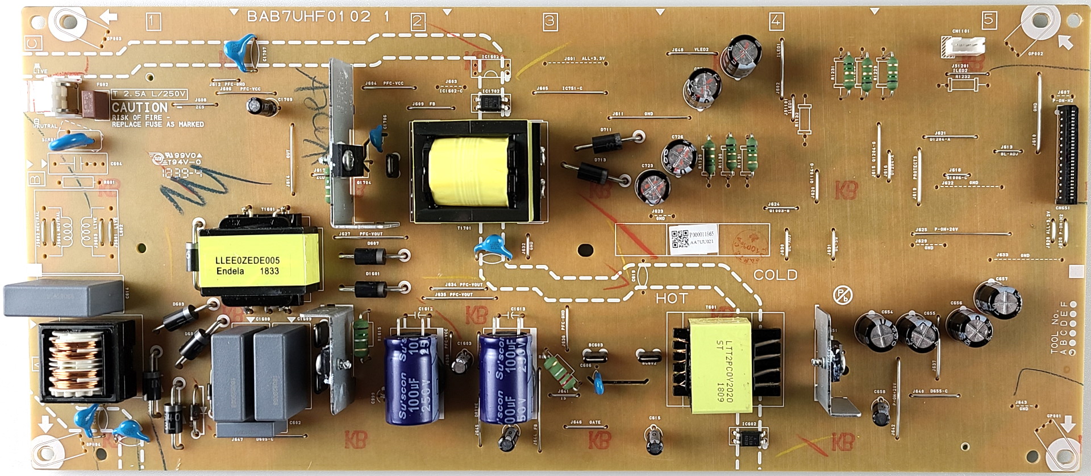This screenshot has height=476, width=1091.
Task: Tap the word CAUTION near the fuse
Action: pos(139,107)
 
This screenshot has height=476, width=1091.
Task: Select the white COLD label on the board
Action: pos(775,275)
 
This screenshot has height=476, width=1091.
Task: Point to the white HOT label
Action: pos(672,298)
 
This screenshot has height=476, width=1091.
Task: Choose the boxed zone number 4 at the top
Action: pos(776,22)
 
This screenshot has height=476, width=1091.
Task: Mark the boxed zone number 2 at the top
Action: pos(418,22)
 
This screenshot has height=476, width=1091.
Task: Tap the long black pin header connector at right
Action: pos(1067,156)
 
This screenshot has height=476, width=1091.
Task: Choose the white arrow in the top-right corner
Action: pos(1065,41)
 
